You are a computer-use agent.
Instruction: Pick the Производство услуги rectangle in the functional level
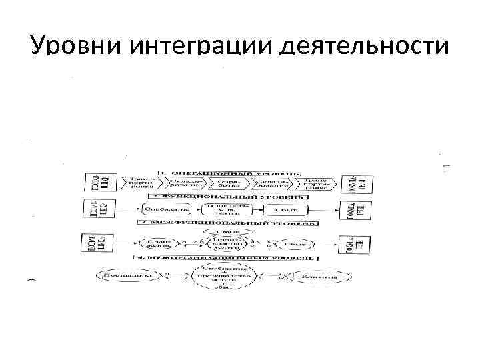(229, 209)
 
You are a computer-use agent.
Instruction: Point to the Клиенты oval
(318, 275)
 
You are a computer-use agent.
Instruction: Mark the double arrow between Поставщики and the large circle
(175, 275)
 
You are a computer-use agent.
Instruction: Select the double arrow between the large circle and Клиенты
(271, 275)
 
